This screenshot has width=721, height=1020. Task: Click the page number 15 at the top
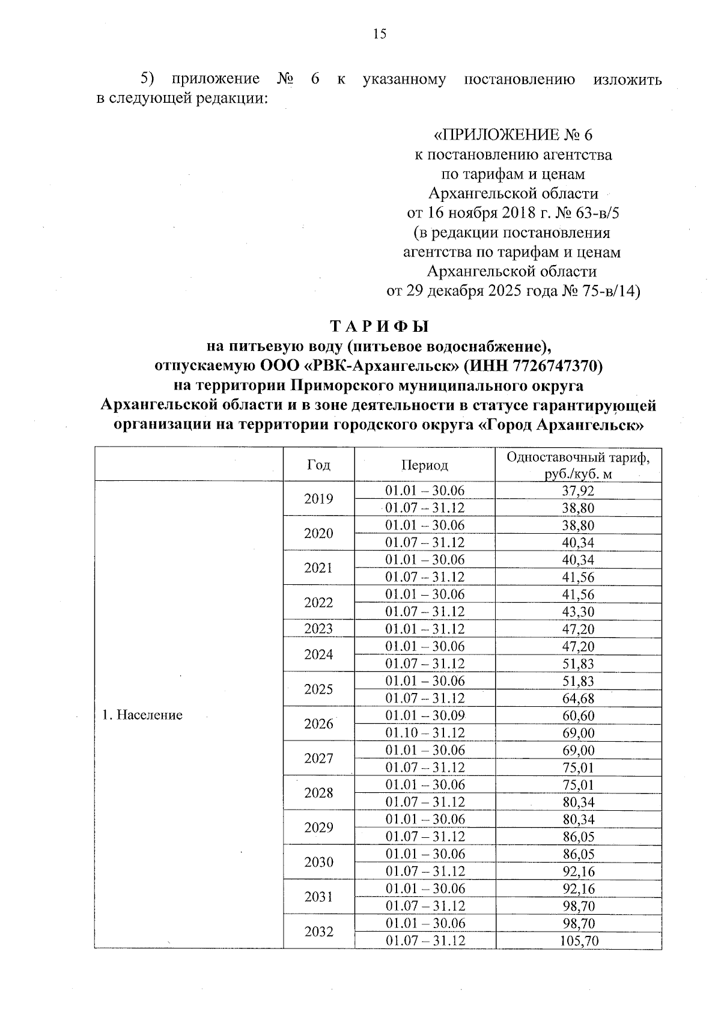coord(379,34)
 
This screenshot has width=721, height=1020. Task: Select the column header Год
coord(318,465)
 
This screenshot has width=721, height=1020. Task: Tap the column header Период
coord(425,465)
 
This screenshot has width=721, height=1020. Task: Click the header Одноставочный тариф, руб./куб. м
coord(578,465)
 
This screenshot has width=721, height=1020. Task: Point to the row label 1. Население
coord(142,715)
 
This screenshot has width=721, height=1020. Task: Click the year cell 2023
coord(318,629)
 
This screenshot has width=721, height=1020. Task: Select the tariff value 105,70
coord(578,941)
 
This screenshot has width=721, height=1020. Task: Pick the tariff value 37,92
coord(578,490)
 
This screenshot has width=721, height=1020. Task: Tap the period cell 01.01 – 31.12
coord(425,629)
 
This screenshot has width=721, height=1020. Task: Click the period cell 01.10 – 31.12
coord(425,733)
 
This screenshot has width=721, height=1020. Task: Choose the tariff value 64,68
coord(578,698)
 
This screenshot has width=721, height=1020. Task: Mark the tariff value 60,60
coord(578,716)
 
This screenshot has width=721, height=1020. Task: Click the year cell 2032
coord(318,932)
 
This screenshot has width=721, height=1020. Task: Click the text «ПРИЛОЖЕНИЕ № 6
coord(513,135)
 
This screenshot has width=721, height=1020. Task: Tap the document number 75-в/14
coord(611,292)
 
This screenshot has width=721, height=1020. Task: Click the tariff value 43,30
coord(578,612)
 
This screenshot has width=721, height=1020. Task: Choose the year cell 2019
coord(318,499)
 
